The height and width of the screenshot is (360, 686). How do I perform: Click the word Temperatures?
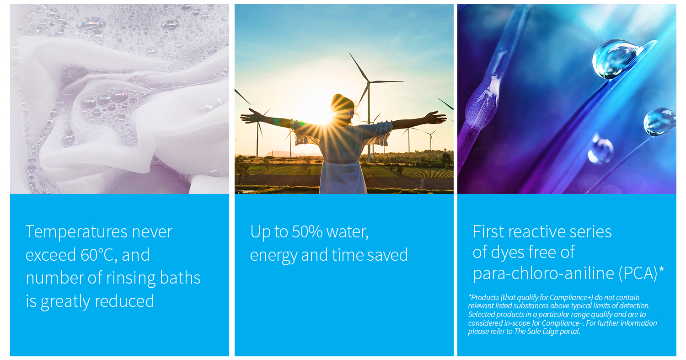pos(76,231)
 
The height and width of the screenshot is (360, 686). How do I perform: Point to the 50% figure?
pos(307,231)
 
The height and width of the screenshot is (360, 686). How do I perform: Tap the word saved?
pos(387,255)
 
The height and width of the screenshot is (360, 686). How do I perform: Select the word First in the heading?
pos(488,231)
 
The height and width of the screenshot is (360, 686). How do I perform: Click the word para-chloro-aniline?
pos(543,274)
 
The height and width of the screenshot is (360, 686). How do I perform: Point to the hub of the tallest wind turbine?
pos(369,82)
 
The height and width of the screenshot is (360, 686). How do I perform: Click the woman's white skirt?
pos(343,177)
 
